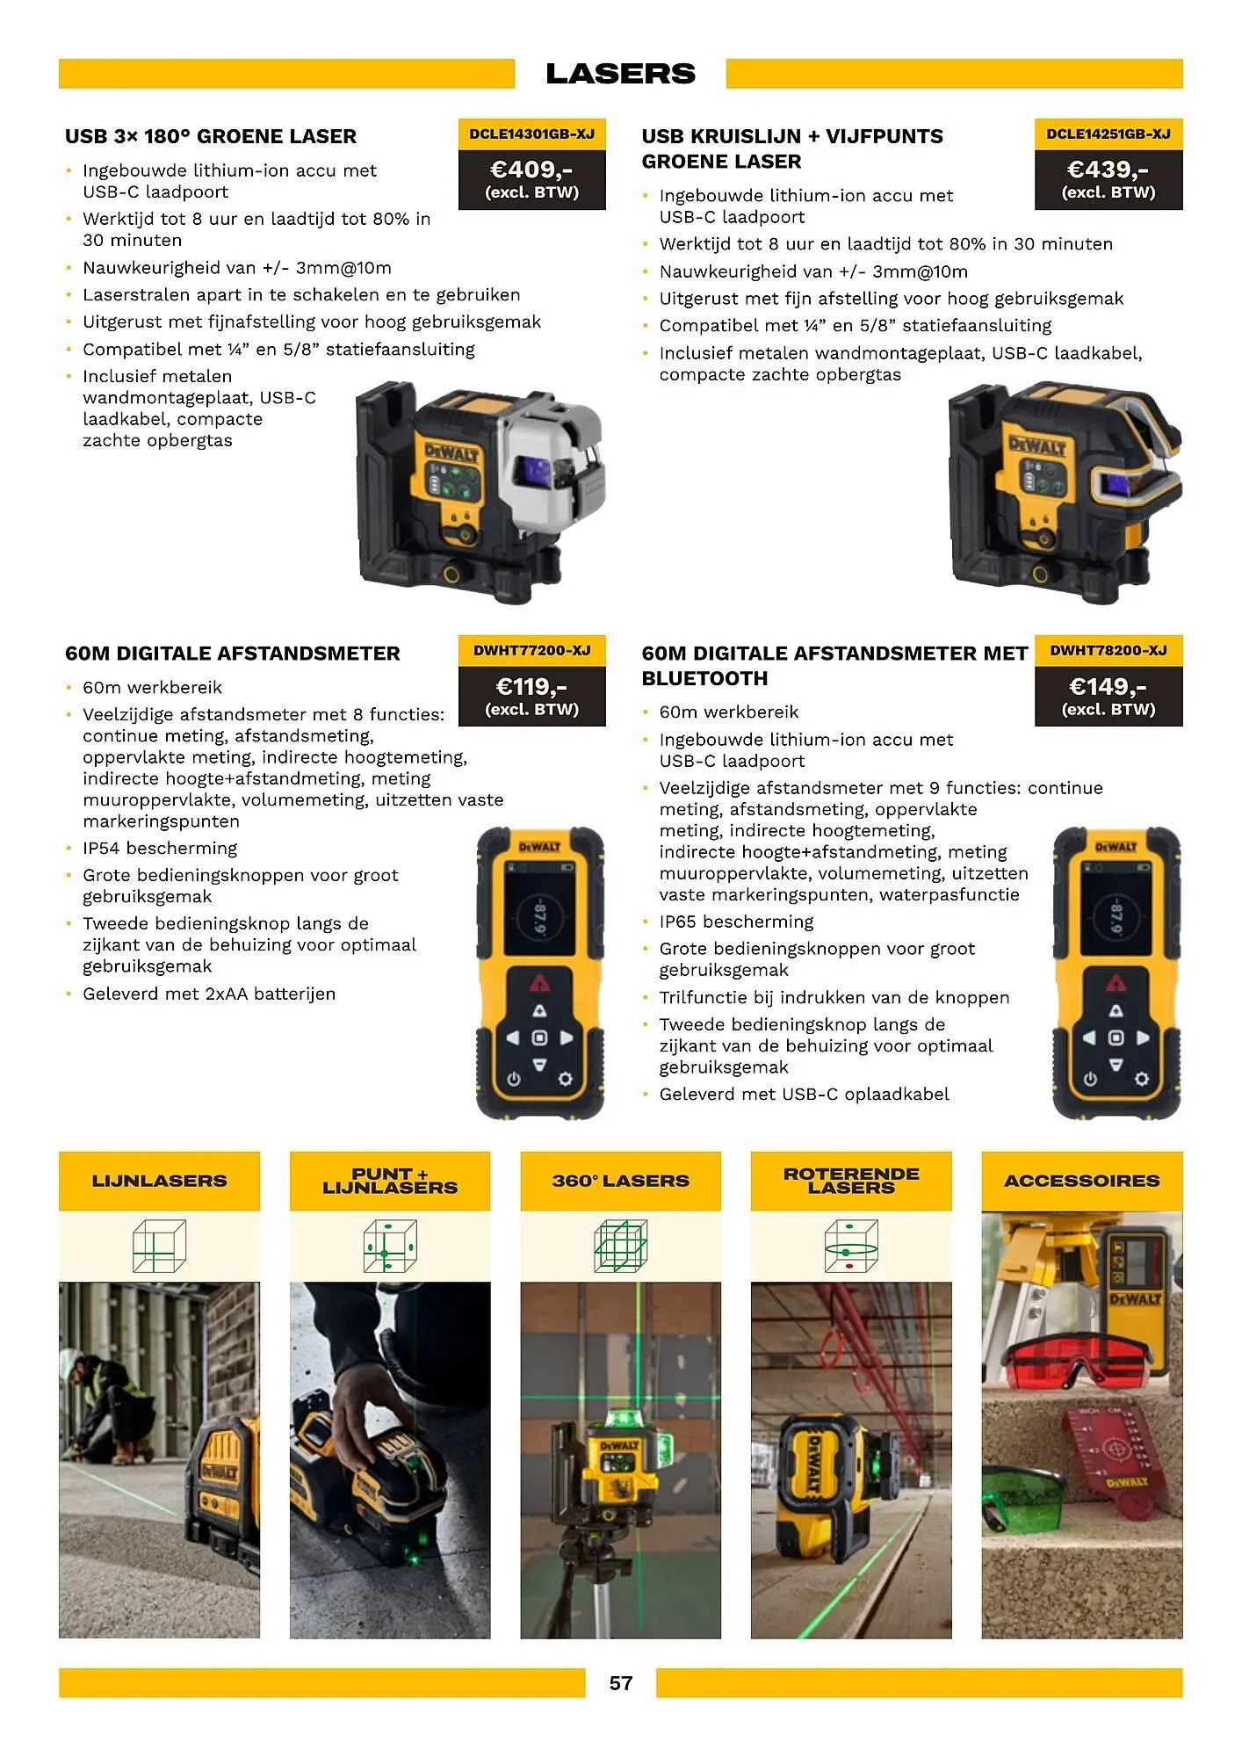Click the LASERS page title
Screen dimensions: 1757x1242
(620, 74)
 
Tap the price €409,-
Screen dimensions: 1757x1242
(531, 169)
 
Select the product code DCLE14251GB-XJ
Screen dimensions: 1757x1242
(1108, 134)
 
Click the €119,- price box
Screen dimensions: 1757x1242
(531, 695)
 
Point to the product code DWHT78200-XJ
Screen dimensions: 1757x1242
(1108, 650)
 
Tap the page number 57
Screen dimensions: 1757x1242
(620, 1683)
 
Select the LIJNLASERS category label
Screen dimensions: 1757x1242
(159, 1181)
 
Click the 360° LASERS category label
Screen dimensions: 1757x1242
(620, 1181)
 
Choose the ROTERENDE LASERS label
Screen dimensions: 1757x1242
(850, 1181)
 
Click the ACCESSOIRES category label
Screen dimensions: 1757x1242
(1081, 1181)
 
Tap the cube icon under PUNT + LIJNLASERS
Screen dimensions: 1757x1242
(389, 1246)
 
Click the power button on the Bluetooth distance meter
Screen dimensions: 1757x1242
(1090, 1079)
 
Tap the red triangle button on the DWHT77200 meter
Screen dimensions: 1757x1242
(539, 981)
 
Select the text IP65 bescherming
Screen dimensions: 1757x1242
(736, 922)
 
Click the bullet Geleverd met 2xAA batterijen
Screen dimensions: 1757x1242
(208, 994)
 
